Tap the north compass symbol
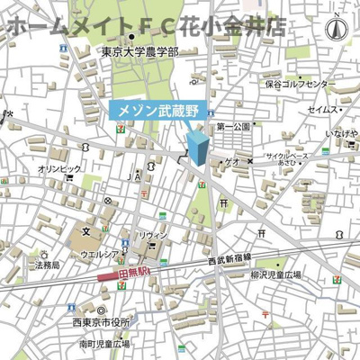(x=339, y=27)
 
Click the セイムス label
(x=323, y=109)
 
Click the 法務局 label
(x=47, y=265)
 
